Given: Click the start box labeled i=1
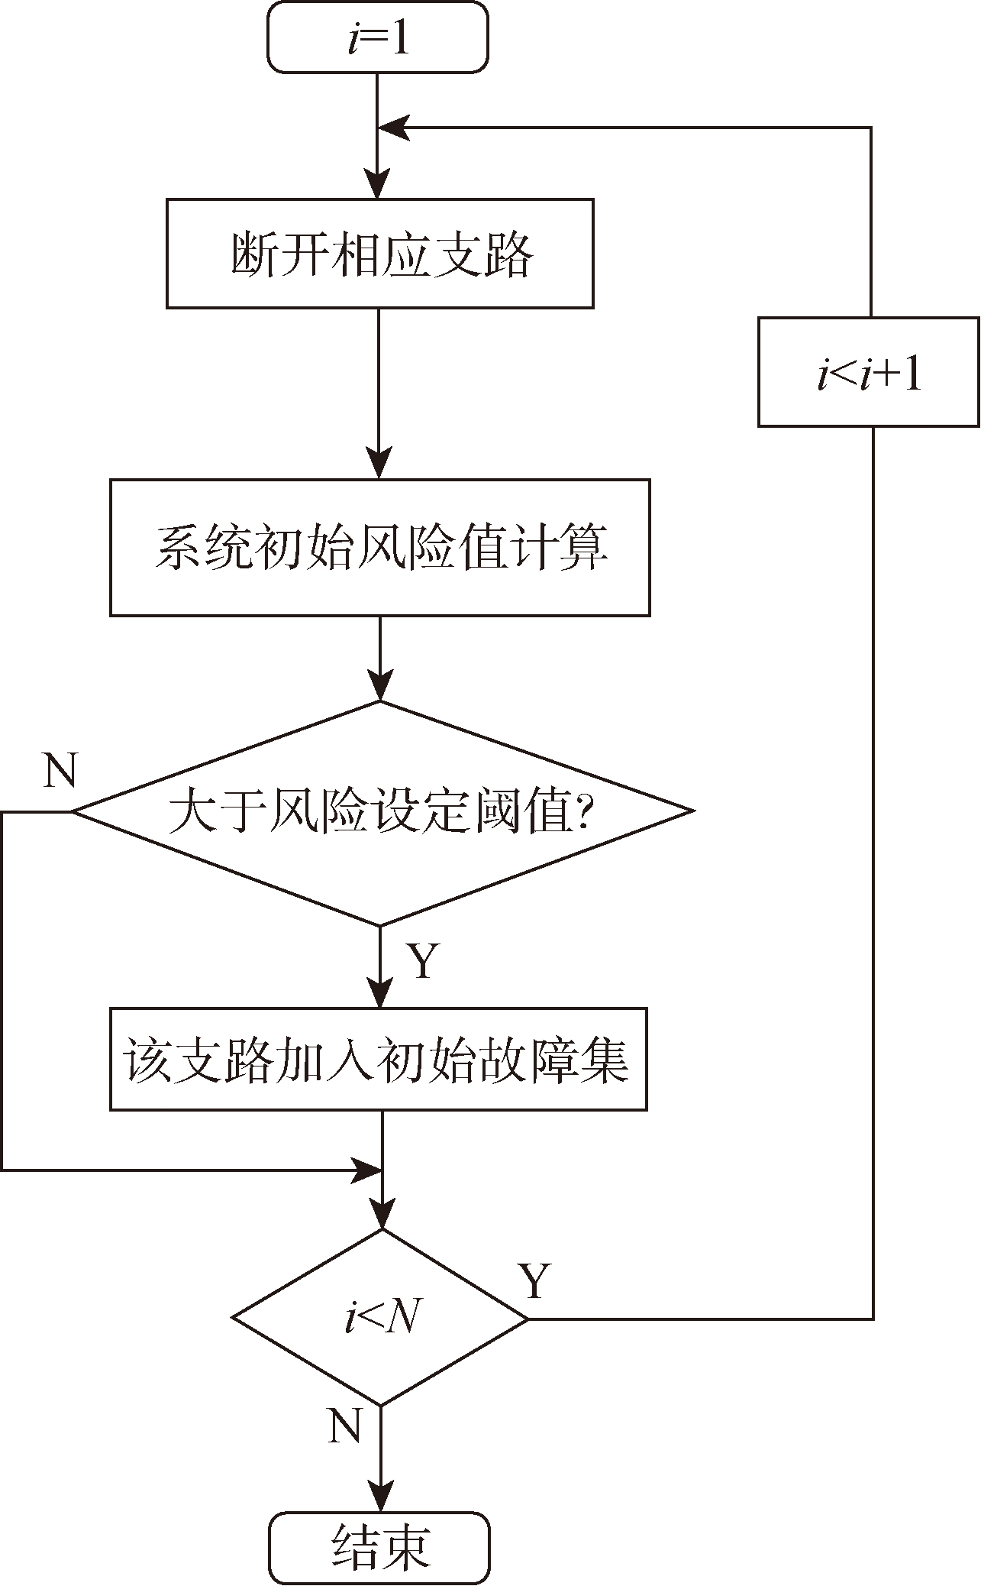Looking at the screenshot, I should point(378,38).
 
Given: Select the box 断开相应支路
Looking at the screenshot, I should point(380,254).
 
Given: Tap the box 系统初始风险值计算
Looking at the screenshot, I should point(380,547).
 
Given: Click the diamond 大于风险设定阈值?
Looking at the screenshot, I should point(380,812).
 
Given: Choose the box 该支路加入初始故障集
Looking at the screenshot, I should point(379,1059).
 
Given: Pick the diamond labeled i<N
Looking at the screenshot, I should point(380,1318).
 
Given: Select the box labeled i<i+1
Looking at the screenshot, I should point(869,372).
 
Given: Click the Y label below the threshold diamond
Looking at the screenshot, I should point(423,961).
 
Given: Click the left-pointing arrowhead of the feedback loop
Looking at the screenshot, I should point(394,128).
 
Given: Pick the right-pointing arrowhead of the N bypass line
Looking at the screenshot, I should point(366,1170).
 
